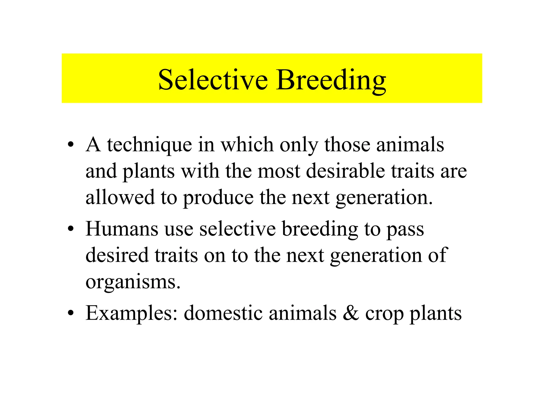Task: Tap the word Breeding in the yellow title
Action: click(x=331, y=80)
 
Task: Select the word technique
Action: click(x=149, y=145)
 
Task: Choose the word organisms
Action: click(x=133, y=282)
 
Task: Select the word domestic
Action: click(x=223, y=313)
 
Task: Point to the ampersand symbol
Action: click(x=351, y=313)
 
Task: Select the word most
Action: click(x=279, y=171)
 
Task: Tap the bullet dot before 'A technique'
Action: click(x=70, y=145)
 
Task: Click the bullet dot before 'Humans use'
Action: click(x=70, y=229)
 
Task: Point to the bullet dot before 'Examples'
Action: click(x=70, y=313)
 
